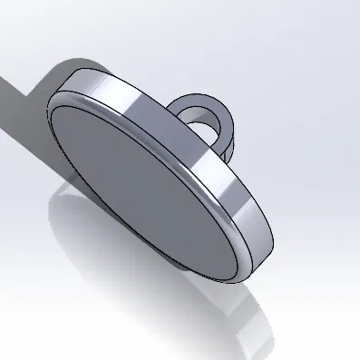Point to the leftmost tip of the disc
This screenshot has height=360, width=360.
[48, 113]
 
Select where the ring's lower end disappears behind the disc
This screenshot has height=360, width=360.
[218, 150]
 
